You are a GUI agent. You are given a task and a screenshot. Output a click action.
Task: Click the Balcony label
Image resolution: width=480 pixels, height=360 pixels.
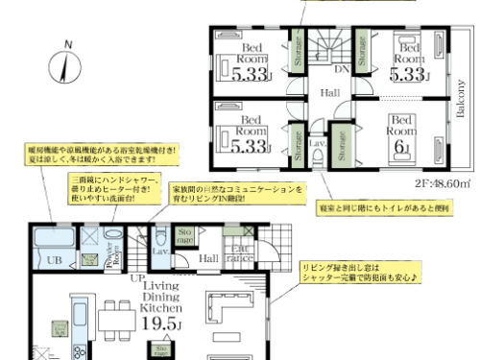[461, 96]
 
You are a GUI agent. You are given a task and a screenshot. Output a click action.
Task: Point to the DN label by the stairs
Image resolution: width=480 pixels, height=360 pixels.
[341, 69]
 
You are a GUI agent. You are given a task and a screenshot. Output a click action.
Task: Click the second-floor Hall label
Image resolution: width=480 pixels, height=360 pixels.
[329, 93]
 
